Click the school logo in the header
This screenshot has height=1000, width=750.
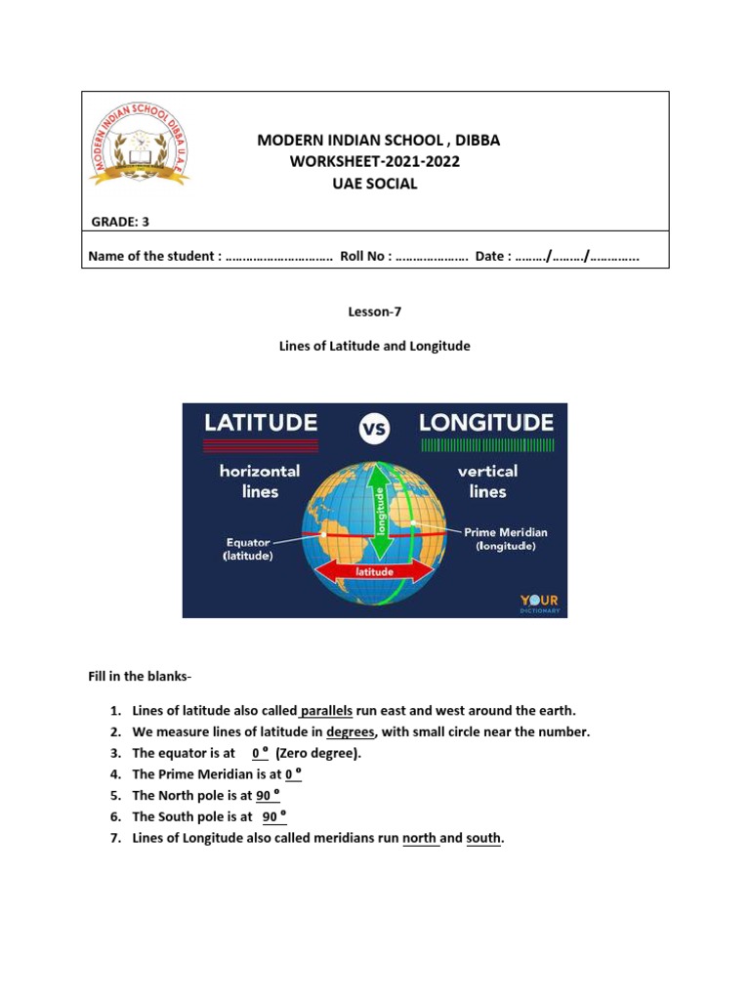(x=141, y=144)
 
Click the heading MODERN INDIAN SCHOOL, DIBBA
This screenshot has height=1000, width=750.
(x=378, y=140)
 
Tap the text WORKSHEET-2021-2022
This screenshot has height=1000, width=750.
(x=374, y=161)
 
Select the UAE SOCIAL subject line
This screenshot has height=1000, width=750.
(x=375, y=184)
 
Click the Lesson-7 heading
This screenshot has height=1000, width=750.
(x=375, y=312)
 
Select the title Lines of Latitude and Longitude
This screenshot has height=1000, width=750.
(x=375, y=346)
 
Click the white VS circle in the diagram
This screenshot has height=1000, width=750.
(x=375, y=428)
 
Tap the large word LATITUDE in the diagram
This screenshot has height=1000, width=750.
(x=260, y=423)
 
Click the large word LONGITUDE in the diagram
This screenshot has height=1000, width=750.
(x=486, y=423)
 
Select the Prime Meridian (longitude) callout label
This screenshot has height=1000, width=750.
(x=505, y=539)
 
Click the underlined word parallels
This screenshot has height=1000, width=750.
(x=326, y=710)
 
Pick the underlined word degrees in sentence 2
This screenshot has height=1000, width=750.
(x=351, y=731)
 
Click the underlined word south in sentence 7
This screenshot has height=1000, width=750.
(x=483, y=839)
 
